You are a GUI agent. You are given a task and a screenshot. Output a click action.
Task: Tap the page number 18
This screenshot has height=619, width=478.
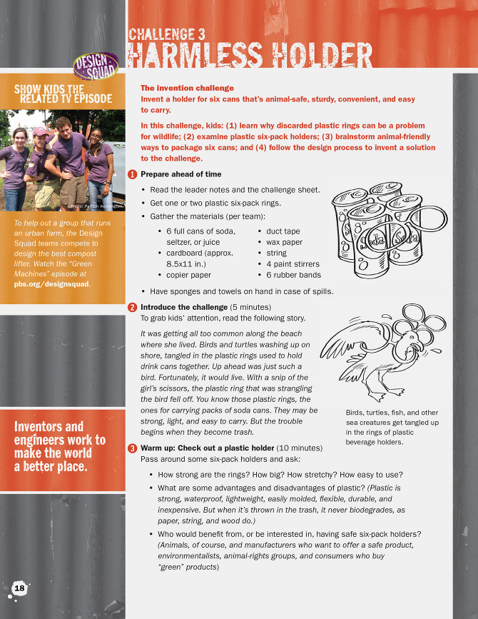pyautogui.click(x=19, y=588)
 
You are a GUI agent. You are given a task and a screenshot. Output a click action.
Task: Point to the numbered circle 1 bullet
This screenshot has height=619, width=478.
pyautogui.click(x=132, y=175)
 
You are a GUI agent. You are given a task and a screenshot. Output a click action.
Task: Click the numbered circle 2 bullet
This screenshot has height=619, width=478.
pyautogui.click(x=132, y=308)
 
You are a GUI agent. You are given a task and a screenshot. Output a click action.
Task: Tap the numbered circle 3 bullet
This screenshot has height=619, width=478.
pyautogui.click(x=132, y=448)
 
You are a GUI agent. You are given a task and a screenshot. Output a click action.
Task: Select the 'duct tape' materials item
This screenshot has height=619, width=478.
pyautogui.click(x=283, y=231)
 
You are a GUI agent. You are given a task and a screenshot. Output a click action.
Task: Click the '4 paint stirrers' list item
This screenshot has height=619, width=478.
pyautogui.click(x=293, y=263)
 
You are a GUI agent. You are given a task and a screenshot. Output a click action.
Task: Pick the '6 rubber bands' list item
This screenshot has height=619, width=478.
pyautogui.click(x=293, y=274)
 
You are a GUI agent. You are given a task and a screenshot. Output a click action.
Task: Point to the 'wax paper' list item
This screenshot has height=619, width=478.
pyautogui.click(x=285, y=242)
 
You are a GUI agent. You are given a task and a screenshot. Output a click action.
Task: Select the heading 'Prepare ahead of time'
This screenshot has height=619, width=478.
pyautogui.click(x=180, y=174)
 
